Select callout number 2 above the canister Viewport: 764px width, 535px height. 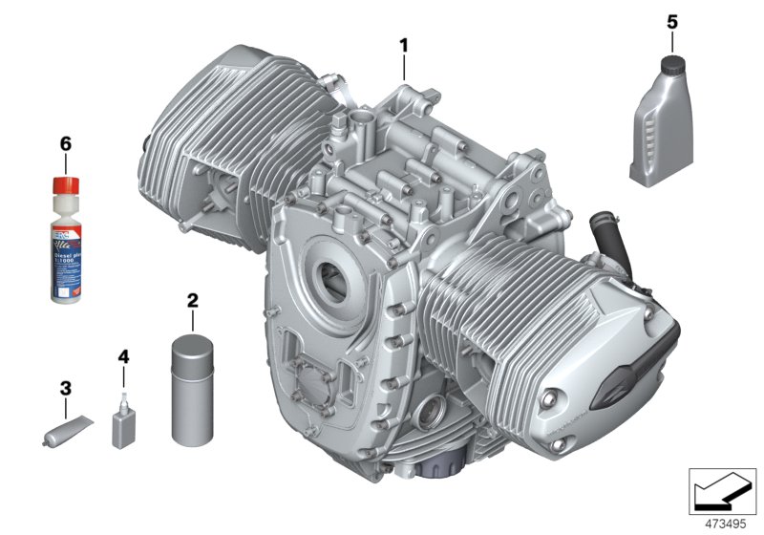(192, 301)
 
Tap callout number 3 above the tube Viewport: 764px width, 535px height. (65, 389)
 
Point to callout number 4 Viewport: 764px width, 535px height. (122, 356)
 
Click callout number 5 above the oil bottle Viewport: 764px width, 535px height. (670, 19)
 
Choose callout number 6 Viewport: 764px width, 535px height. (65, 143)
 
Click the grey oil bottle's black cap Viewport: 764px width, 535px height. (671, 65)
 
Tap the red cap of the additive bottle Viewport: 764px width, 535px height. (64, 183)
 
